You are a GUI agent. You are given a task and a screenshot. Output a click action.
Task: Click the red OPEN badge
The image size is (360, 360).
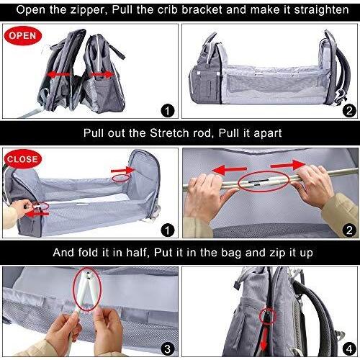pyautogui.click(x=23, y=36)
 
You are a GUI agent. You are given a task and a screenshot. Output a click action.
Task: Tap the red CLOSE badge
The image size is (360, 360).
pyautogui.click(x=22, y=159)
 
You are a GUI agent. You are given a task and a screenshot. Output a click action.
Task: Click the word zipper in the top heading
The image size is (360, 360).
pyautogui.click(x=89, y=10)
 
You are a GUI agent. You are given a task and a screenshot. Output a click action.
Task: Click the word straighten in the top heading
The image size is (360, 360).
pyautogui.click(x=321, y=10)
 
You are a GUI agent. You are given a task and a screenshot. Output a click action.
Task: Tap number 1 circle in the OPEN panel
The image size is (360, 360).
pyautogui.click(x=167, y=111)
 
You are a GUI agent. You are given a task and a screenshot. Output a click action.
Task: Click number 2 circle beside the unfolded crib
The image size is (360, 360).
pyautogui.click(x=349, y=111)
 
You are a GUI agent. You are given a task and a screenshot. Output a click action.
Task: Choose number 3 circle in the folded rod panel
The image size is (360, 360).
pyautogui.click(x=167, y=348)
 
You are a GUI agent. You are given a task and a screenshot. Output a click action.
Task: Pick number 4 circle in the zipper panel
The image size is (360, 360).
pyautogui.click(x=349, y=348)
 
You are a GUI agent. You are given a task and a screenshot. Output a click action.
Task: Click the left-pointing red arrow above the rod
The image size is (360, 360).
pyautogui.click(x=230, y=170)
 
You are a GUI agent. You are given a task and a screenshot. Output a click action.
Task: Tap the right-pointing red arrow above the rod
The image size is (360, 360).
pyautogui.click(x=288, y=164)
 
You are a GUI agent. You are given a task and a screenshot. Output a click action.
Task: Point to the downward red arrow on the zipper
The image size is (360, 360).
pyautogui.click(x=264, y=339)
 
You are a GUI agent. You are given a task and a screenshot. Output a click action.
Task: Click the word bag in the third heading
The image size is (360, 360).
pyautogui.click(x=231, y=253)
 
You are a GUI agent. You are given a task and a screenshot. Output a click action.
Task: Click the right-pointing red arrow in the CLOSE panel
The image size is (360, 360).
pyautogui.click(x=123, y=170)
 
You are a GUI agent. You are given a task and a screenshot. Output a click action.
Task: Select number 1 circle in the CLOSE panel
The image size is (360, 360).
pyautogui.click(x=167, y=230)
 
